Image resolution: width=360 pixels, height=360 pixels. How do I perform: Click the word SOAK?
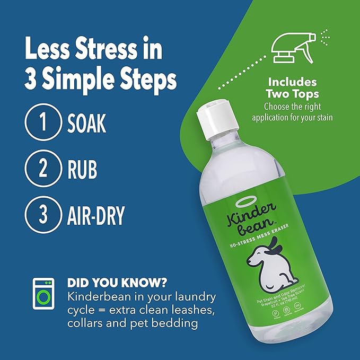[x=86, y=122]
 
